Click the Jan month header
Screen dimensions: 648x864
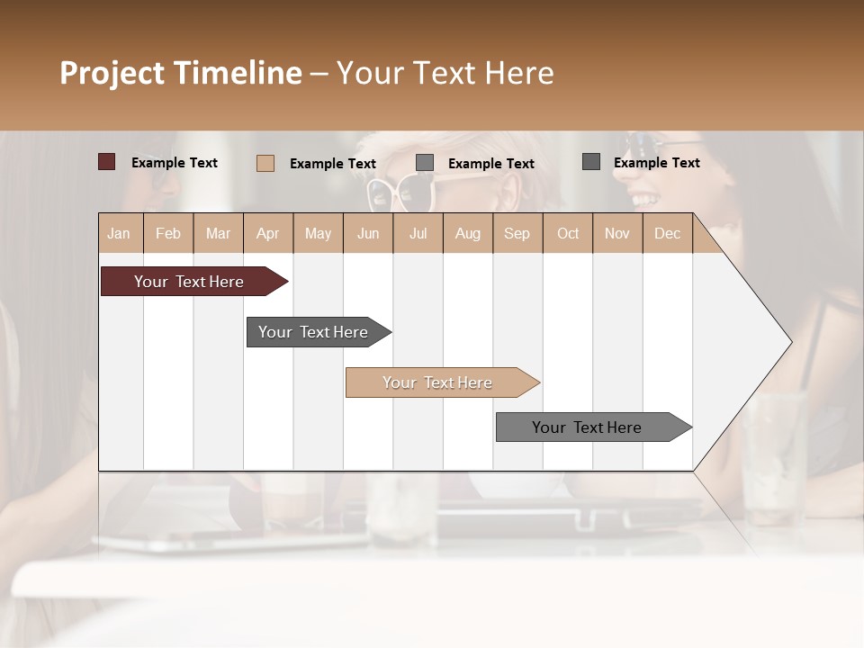click(x=120, y=233)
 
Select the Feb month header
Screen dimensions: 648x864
click(x=168, y=233)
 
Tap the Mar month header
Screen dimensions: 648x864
click(x=218, y=233)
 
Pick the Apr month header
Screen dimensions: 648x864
click(x=268, y=233)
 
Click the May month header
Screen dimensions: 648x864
click(x=318, y=233)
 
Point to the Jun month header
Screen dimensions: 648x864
click(x=368, y=233)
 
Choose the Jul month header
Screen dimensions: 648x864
click(x=418, y=233)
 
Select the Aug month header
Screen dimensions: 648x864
click(x=468, y=233)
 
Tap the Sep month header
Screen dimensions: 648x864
click(x=517, y=233)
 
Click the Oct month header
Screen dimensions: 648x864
click(x=568, y=233)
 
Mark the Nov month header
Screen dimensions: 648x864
click(x=617, y=233)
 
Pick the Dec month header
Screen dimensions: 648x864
click(x=668, y=233)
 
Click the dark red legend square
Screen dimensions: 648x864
click(x=107, y=162)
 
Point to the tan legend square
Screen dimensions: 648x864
click(x=265, y=163)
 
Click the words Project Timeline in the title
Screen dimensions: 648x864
click(x=181, y=73)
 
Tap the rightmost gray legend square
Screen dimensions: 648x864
click(x=591, y=162)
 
